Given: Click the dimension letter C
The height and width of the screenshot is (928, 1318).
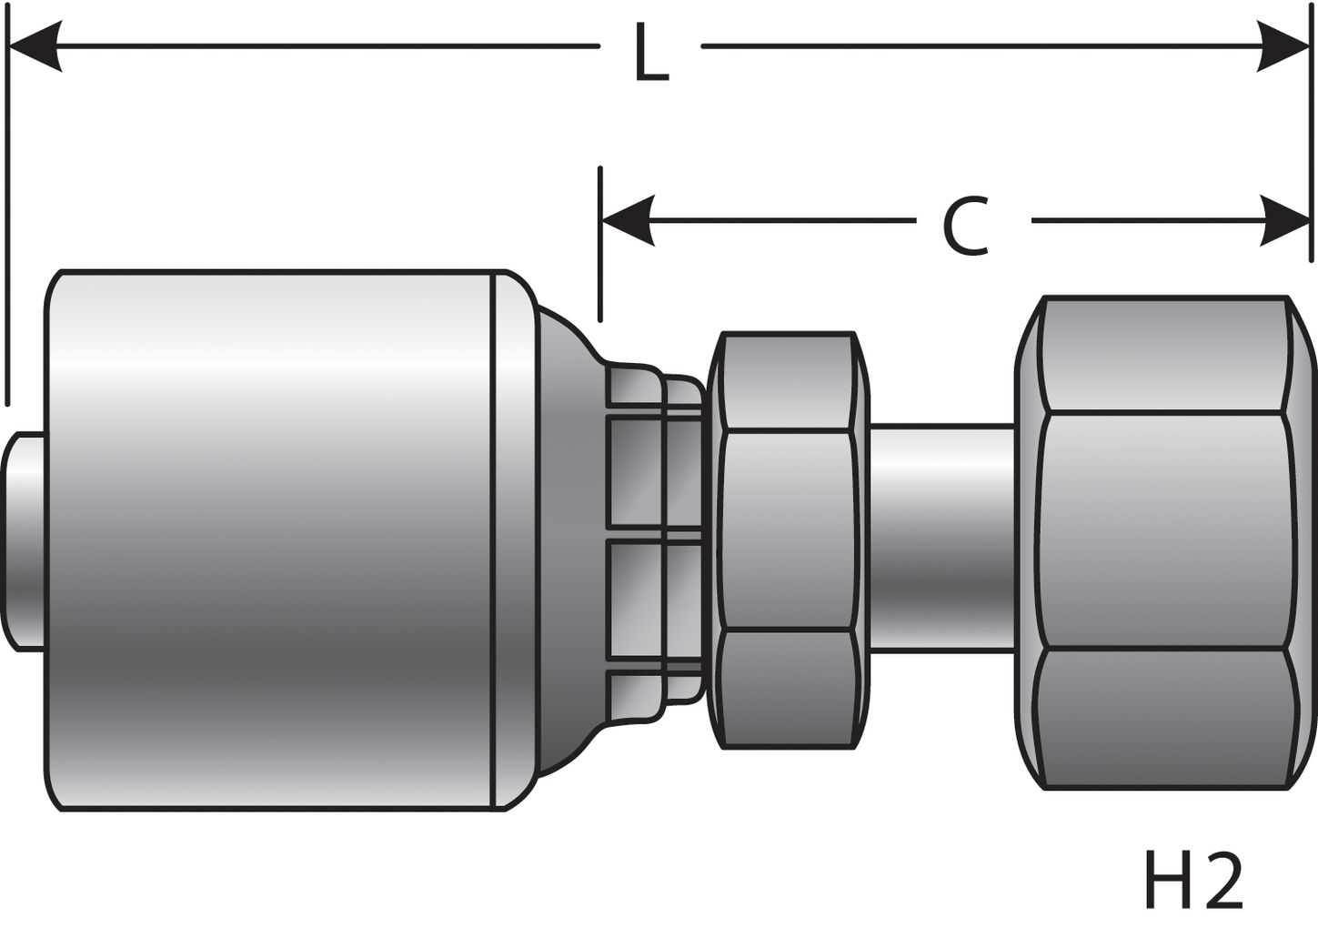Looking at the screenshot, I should coord(965,225).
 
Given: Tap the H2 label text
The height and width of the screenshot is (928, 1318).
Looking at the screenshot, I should coord(1192,880).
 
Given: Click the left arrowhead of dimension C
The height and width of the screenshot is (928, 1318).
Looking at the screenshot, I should coord(628,221).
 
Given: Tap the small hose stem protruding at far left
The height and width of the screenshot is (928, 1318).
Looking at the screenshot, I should coord(25,540).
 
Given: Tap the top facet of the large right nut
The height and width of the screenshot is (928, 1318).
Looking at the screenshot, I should coord(1164,355).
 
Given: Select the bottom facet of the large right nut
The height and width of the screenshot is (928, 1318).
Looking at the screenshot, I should coord(1164,719).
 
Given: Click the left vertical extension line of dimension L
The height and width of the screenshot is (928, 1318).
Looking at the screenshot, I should coord(7,227).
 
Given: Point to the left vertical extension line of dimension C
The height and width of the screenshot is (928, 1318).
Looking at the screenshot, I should coord(600,246).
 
